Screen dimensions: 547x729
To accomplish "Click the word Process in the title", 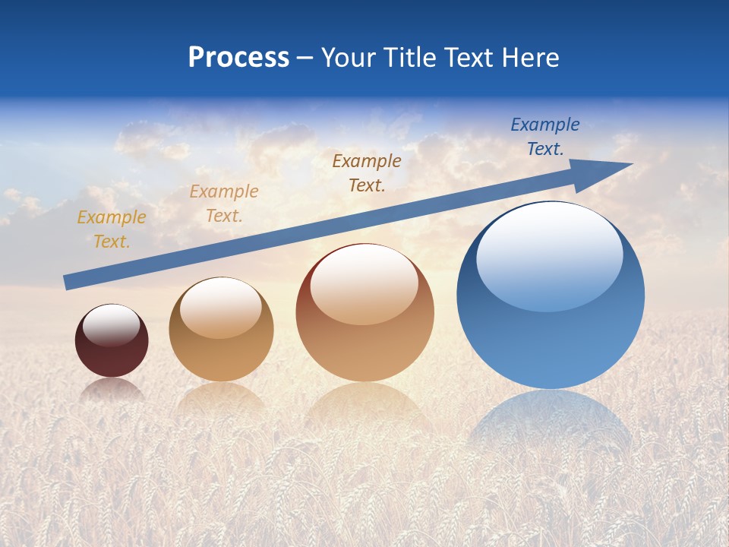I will tap(238, 58).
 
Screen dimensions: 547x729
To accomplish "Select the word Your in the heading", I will tap(349, 58).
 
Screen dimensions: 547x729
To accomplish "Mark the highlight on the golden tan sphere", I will tap(221, 308).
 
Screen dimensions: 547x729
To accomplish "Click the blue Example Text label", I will tap(544, 137).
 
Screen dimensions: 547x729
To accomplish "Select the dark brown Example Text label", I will tap(367, 173).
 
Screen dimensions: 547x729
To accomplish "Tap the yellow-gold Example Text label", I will tap(112, 229).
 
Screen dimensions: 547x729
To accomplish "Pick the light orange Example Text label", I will tap(224, 204).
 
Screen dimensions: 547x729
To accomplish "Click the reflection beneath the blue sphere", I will tap(551, 425).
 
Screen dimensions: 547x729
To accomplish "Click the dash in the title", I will tap(305, 58).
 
